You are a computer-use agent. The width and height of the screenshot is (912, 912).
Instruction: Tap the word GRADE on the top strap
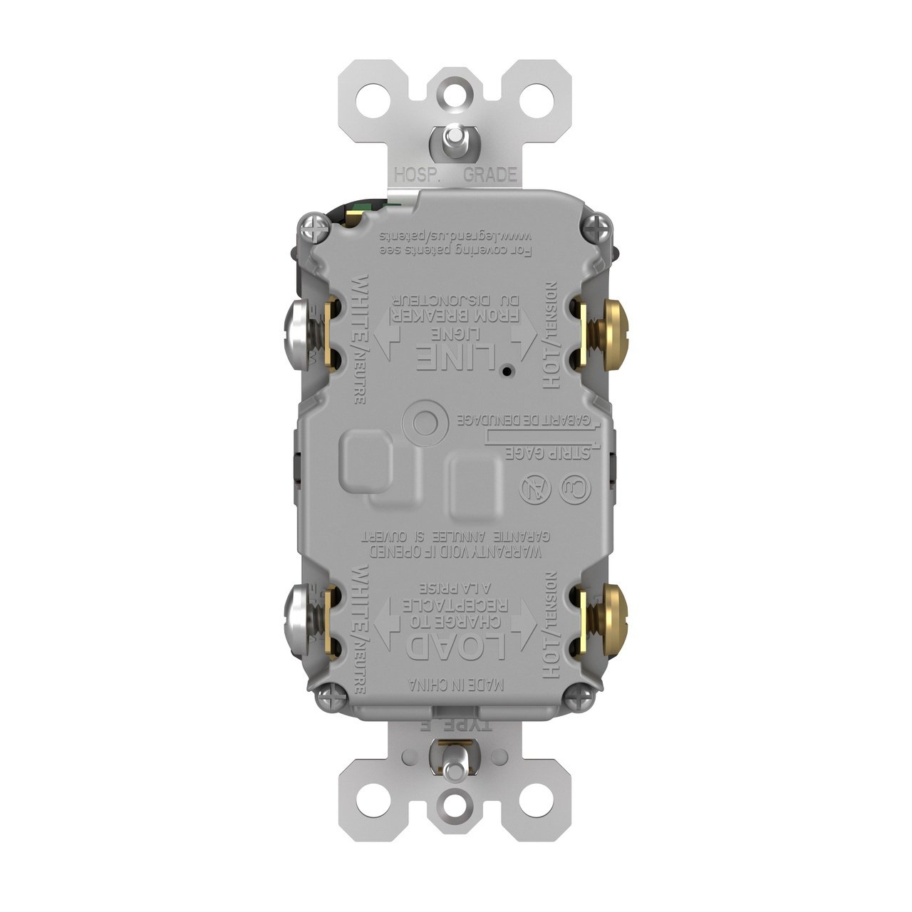(490, 175)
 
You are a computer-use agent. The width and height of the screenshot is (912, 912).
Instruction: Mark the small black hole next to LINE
(504, 371)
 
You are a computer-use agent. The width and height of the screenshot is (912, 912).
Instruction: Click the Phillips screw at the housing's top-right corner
(594, 227)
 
